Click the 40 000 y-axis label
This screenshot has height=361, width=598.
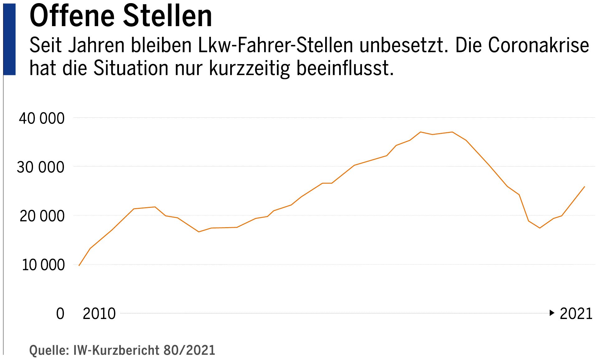pos(42,119)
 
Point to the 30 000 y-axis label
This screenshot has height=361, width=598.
pos(40,167)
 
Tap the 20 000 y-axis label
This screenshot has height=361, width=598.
pos(42,216)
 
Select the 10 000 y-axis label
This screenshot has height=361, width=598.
pos(43,265)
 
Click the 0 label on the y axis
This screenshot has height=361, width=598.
pos(60,314)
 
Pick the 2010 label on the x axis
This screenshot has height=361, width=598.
pos(99,314)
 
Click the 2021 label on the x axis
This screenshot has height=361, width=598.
pos(576,314)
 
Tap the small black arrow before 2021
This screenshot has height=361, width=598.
pos(552,313)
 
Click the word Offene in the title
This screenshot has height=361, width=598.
pos(72,16)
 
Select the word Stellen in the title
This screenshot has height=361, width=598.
pos(167,16)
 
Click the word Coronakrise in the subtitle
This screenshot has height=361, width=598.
pos(539,45)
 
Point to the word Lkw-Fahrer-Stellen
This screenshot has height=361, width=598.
pos(275,45)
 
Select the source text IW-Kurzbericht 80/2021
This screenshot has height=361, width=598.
pos(144,350)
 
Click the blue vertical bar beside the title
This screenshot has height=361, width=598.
pos(9,40)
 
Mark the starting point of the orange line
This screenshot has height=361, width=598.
pos(79,265)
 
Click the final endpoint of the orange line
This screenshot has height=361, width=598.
pos(584,187)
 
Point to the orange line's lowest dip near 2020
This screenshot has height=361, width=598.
pos(540,228)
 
